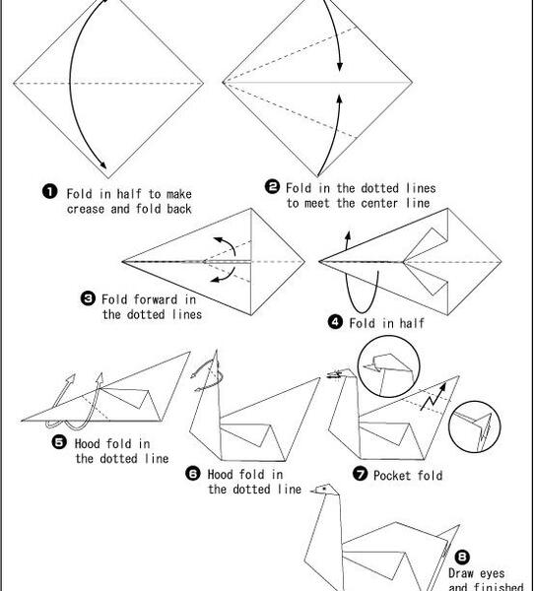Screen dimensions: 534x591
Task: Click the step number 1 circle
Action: click(x=50, y=191)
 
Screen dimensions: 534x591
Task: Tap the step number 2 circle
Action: click(x=272, y=186)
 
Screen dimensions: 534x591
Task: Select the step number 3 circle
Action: click(x=88, y=298)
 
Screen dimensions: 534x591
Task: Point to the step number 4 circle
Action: click(x=335, y=322)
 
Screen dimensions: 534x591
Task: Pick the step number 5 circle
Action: click(x=59, y=442)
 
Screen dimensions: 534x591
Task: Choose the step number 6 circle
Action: click(x=193, y=473)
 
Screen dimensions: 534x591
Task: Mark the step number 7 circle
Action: click(x=360, y=473)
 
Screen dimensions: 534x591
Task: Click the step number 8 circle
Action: click(x=462, y=557)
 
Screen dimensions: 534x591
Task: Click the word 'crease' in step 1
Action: click(x=86, y=209)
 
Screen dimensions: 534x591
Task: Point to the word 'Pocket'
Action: click(x=392, y=476)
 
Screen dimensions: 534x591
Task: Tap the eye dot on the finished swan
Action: click(x=324, y=489)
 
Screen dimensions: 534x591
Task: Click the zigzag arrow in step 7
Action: click(x=433, y=397)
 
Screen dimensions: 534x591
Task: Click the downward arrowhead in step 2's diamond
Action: click(x=340, y=66)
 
